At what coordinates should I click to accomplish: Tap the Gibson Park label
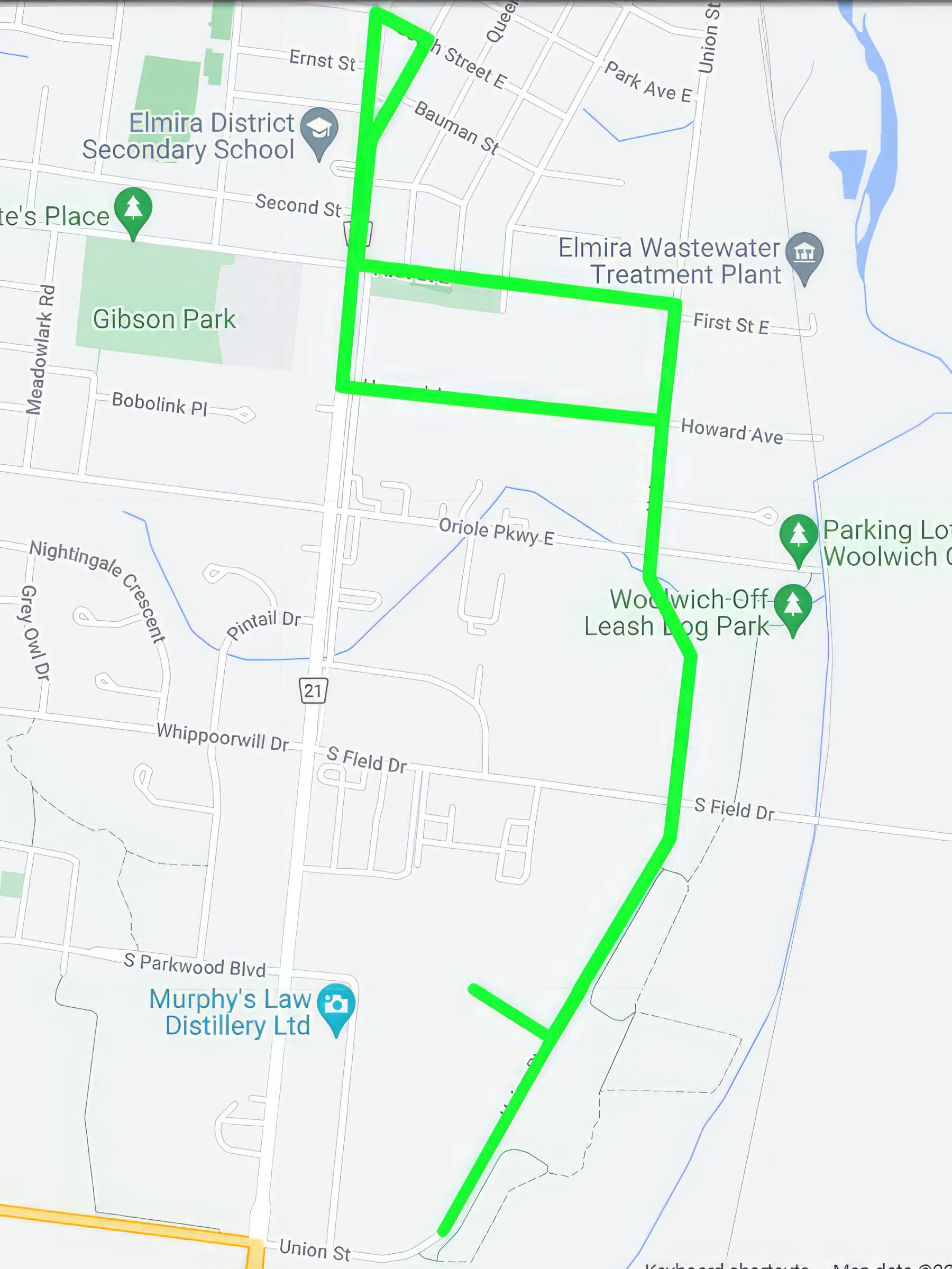(164, 319)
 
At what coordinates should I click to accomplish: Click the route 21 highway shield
(313, 690)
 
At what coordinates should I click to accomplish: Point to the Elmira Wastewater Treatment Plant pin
(804, 255)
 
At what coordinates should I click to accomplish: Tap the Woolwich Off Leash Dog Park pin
(792, 606)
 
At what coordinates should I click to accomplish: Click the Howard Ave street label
(731, 431)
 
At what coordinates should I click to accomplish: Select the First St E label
(730, 324)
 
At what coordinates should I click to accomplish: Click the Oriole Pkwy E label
(497, 531)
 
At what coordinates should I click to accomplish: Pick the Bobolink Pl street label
(160, 403)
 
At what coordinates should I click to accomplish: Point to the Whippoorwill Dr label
(223, 737)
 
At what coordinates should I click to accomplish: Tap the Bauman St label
(456, 127)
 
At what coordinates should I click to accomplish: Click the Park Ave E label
(648, 81)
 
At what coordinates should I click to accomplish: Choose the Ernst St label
(322, 60)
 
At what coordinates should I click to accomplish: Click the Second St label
(298, 205)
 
